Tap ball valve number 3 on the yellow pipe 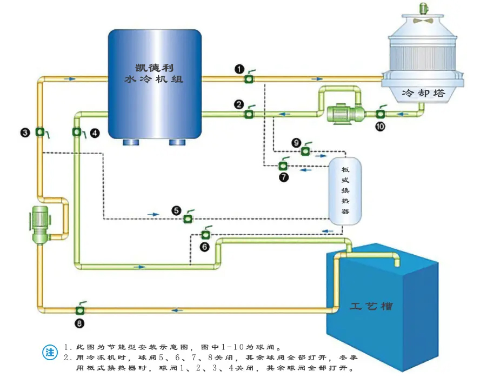(x=39, y=132)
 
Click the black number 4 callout (x=95, y=132)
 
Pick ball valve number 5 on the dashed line (x=188, y=218)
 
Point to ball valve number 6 (x=205, y=234)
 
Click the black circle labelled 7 (x=284, y=176)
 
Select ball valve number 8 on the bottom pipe (x=79, y=310)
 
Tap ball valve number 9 (x=305, y=151)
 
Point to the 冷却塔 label (x=424, y=92)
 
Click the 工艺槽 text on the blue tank (x=371, y=306)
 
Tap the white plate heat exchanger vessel (x=345, y=190)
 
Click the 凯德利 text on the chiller (x=154, y=68)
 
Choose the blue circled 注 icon (x=50, y=352)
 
